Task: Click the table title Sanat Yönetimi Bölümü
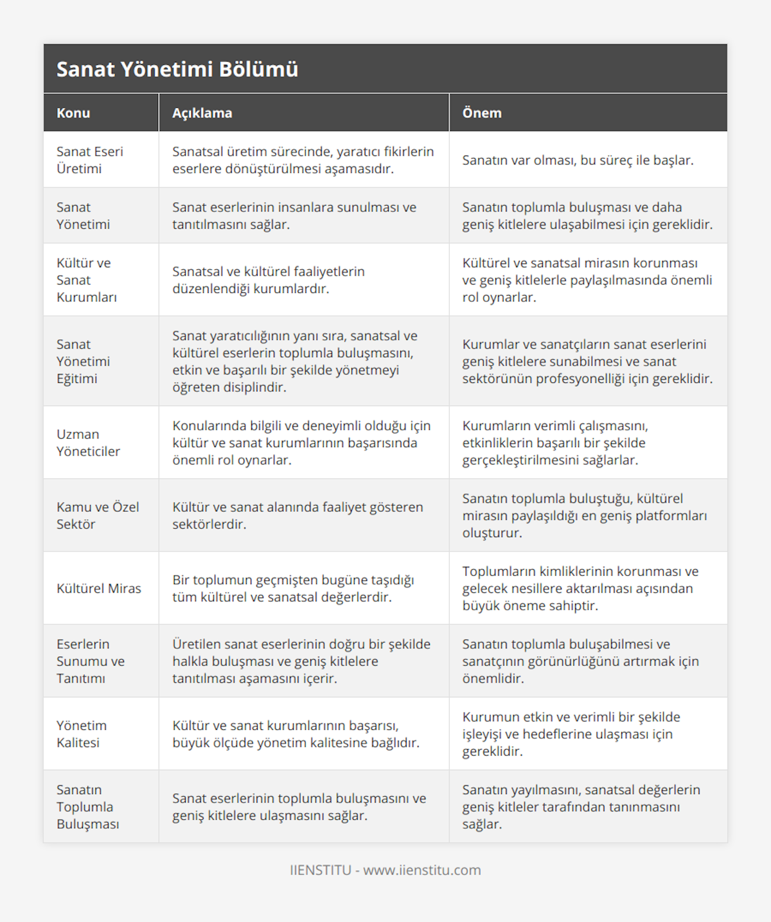pos(177,69)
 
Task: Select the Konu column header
pos(73,113)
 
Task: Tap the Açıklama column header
pos(202,113)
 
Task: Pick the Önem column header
pos(482,113)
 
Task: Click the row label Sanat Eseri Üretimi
pos(89,160)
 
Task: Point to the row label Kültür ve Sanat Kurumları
pos(86,280)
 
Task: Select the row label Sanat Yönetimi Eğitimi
pos(83,361)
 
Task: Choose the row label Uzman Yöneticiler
pos(88,443)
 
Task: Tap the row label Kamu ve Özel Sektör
pos(98,515)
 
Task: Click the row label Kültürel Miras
pos(99,589)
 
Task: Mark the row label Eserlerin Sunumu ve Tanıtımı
pos(90,661)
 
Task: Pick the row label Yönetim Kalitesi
pos(81,734)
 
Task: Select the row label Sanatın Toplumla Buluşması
pos(87,807)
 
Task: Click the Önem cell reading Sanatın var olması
pos(578,160)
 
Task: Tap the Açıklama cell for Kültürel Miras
pos(293,589)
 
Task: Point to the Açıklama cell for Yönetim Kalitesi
pos(296,734)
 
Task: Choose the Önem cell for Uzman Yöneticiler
pos(555,443)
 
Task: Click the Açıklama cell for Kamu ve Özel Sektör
pos(297,515)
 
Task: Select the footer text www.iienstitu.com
pos(421,870)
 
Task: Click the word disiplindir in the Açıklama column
pos(237,387)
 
